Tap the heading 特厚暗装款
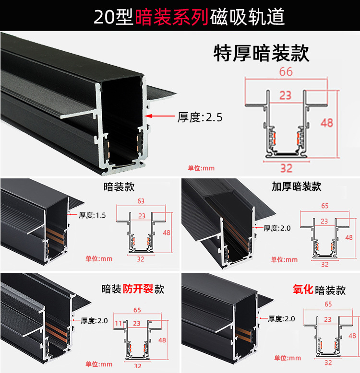click(x=261, y=53)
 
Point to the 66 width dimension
click(x=286, y=72)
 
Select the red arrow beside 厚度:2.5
click(x=161, y=116)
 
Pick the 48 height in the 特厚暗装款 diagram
click(x=327, y=123)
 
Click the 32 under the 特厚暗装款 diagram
click(x=286, y=168)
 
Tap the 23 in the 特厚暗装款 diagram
click(x=286, y=95)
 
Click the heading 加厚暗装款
click(x=296, y=186)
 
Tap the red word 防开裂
click(x=137, y=289)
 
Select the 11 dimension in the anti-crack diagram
click(x=118, y=324)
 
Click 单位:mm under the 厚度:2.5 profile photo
click(x=201, y=168)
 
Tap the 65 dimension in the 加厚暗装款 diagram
click(x=324, y=206)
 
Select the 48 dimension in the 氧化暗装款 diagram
click(x=352, y=336)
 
